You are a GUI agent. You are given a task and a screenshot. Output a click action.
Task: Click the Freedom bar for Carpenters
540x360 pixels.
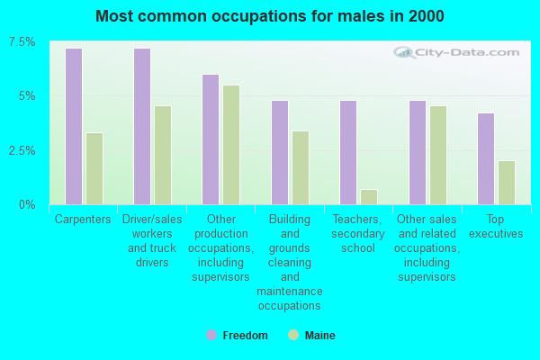74,126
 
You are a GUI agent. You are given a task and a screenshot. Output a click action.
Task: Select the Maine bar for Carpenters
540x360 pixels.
94,168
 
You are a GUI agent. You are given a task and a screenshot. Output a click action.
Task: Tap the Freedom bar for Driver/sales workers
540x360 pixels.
142,126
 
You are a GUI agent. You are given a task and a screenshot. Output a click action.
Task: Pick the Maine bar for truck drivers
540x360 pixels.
163,155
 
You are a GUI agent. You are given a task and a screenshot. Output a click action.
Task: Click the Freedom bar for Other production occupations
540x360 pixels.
211,139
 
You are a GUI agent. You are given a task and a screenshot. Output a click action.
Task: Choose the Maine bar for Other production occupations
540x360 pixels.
231,145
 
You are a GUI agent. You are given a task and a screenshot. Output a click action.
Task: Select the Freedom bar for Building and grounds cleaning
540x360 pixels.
280,152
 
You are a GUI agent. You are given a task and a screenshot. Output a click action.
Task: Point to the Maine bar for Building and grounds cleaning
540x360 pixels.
301,167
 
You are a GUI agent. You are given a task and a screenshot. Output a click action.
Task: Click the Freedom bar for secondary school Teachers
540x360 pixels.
348,152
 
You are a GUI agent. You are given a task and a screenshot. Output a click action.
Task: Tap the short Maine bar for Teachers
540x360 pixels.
369,196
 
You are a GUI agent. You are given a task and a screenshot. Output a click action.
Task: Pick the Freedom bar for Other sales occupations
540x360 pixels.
418,152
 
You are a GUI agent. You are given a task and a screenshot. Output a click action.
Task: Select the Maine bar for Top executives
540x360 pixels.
507,183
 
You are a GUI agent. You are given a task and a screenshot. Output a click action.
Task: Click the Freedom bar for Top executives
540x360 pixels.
486,158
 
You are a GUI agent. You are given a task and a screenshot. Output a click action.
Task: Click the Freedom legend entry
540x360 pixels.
238,336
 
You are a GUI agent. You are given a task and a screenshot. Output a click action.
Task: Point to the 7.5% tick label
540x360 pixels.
22,42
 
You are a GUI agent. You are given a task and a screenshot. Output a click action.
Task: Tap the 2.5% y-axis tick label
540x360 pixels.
22,150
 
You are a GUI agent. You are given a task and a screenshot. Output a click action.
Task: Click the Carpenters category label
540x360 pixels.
83,219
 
